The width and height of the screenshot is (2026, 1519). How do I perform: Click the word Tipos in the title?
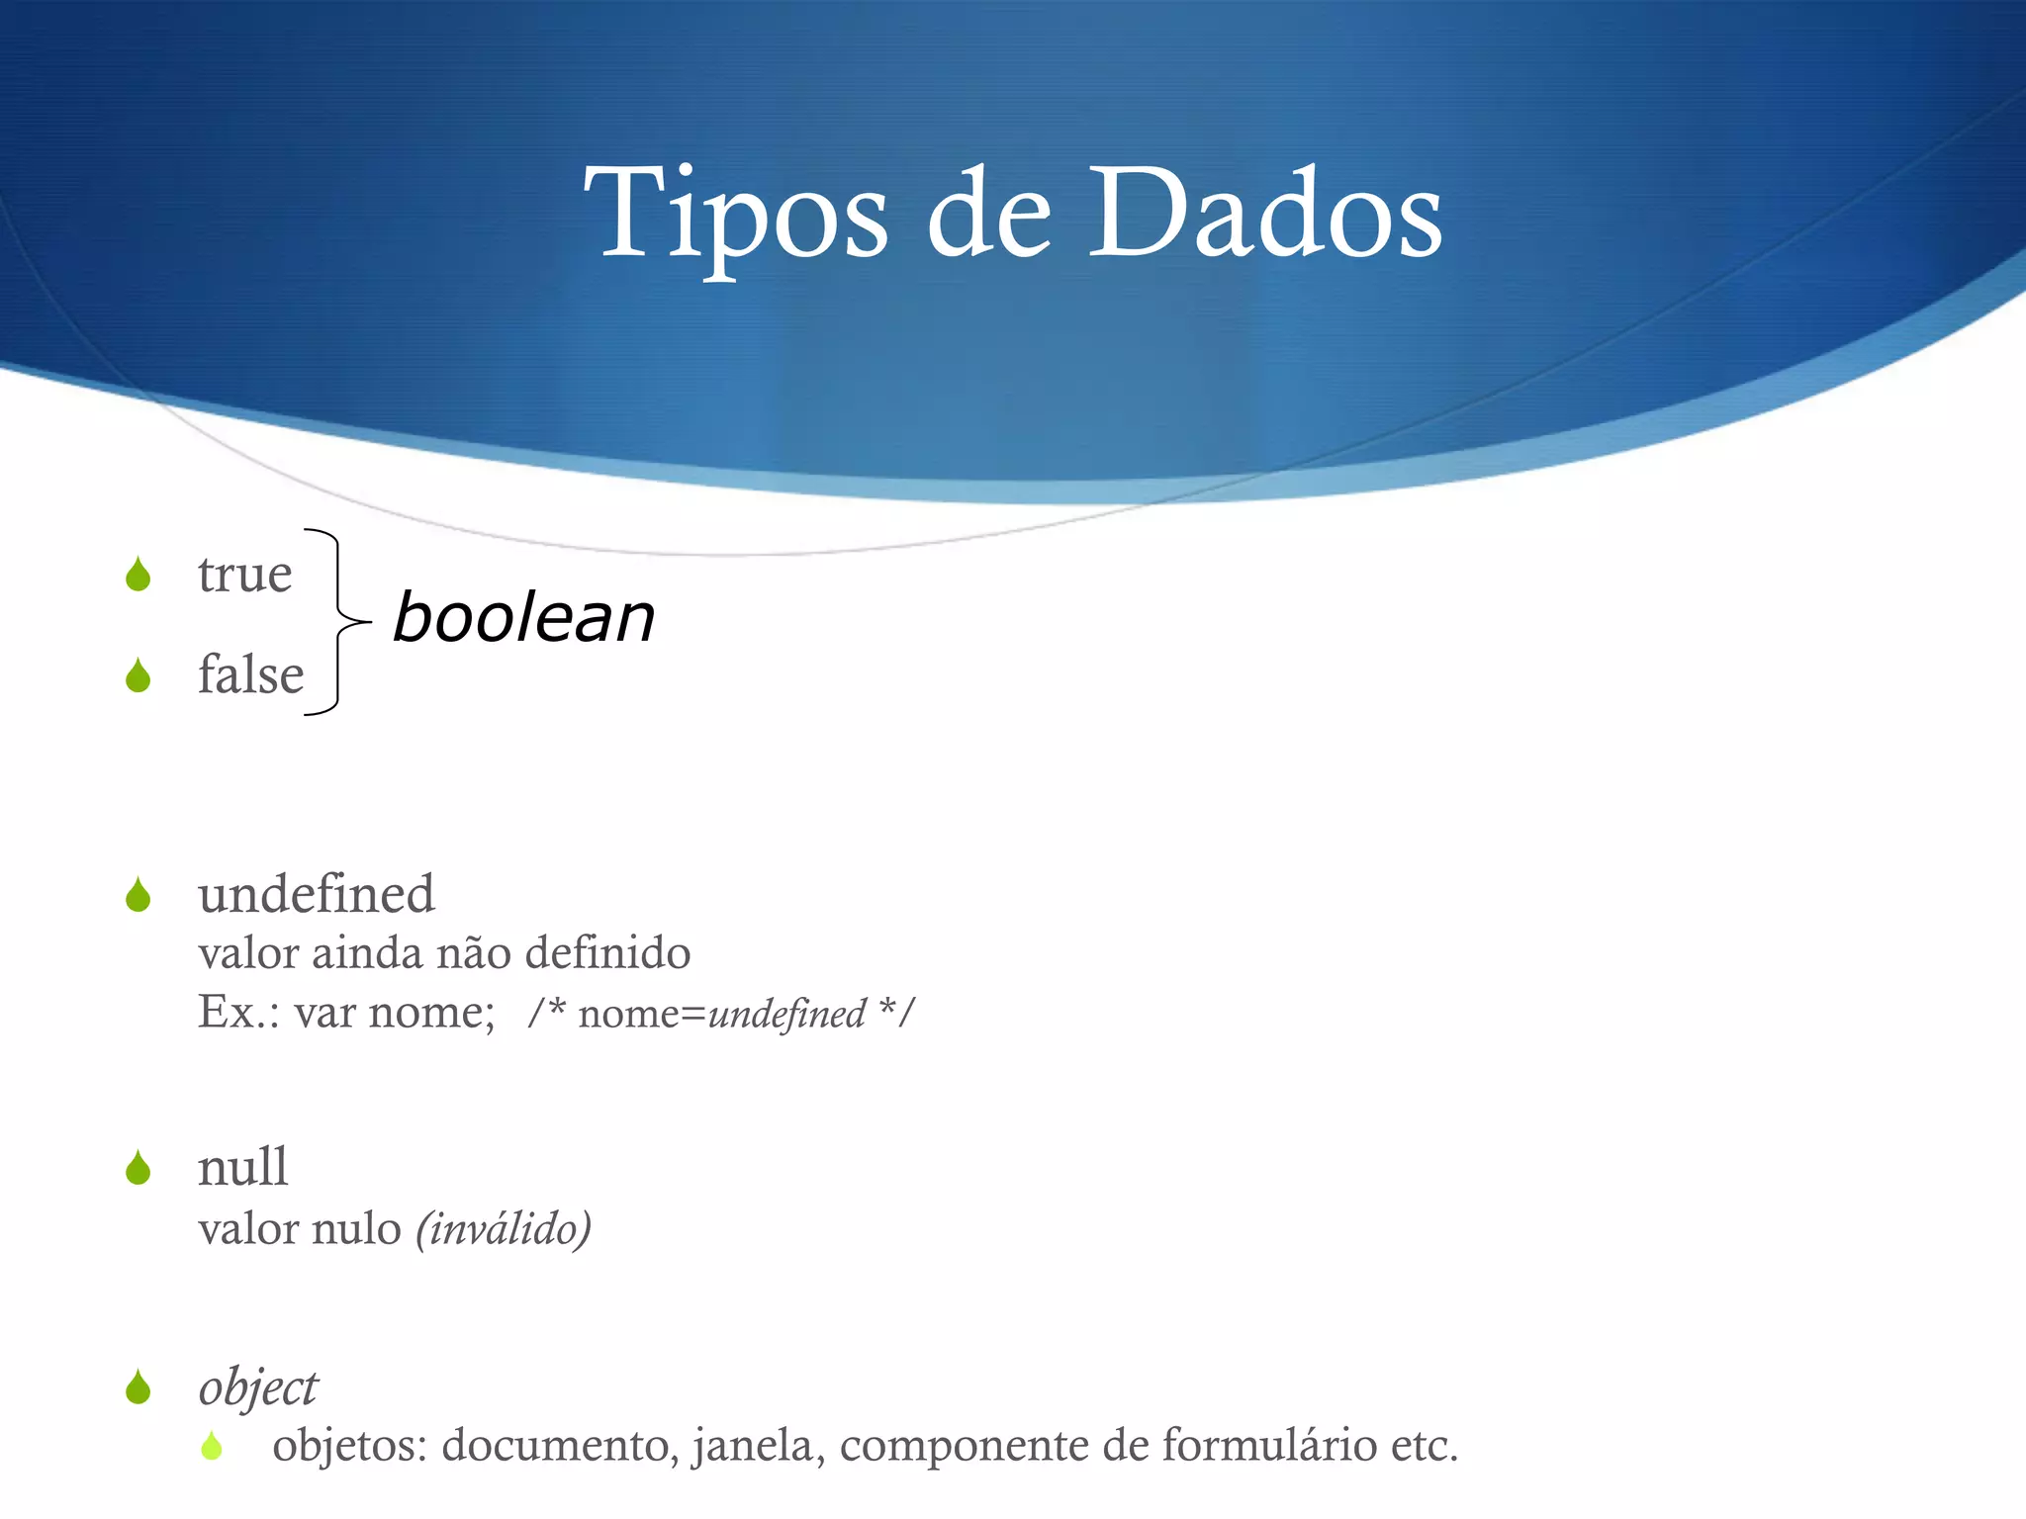[736, 216]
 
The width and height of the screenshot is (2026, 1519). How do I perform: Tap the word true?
[244, 575]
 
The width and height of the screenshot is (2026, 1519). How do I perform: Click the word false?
[250, 675]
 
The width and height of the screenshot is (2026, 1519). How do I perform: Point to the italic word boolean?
[523, 618]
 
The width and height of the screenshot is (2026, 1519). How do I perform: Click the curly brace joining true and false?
[336, 621]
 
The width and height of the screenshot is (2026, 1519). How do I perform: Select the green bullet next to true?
[138, 575]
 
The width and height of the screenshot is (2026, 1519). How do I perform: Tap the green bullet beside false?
[138, 676]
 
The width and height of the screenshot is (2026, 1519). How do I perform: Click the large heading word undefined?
[316, 894]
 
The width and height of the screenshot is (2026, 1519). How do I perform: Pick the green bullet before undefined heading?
[138, 896]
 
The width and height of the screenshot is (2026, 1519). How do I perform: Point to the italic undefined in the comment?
[786, 1015]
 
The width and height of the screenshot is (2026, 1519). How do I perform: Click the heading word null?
[242, 1167]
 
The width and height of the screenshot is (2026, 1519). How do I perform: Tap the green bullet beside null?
[138, 1169]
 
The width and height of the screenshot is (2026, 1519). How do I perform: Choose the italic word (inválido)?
[504, 1230]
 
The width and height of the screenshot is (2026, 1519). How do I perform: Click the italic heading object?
[257, 1387]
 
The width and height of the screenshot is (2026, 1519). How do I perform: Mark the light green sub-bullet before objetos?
[211, 1447]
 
